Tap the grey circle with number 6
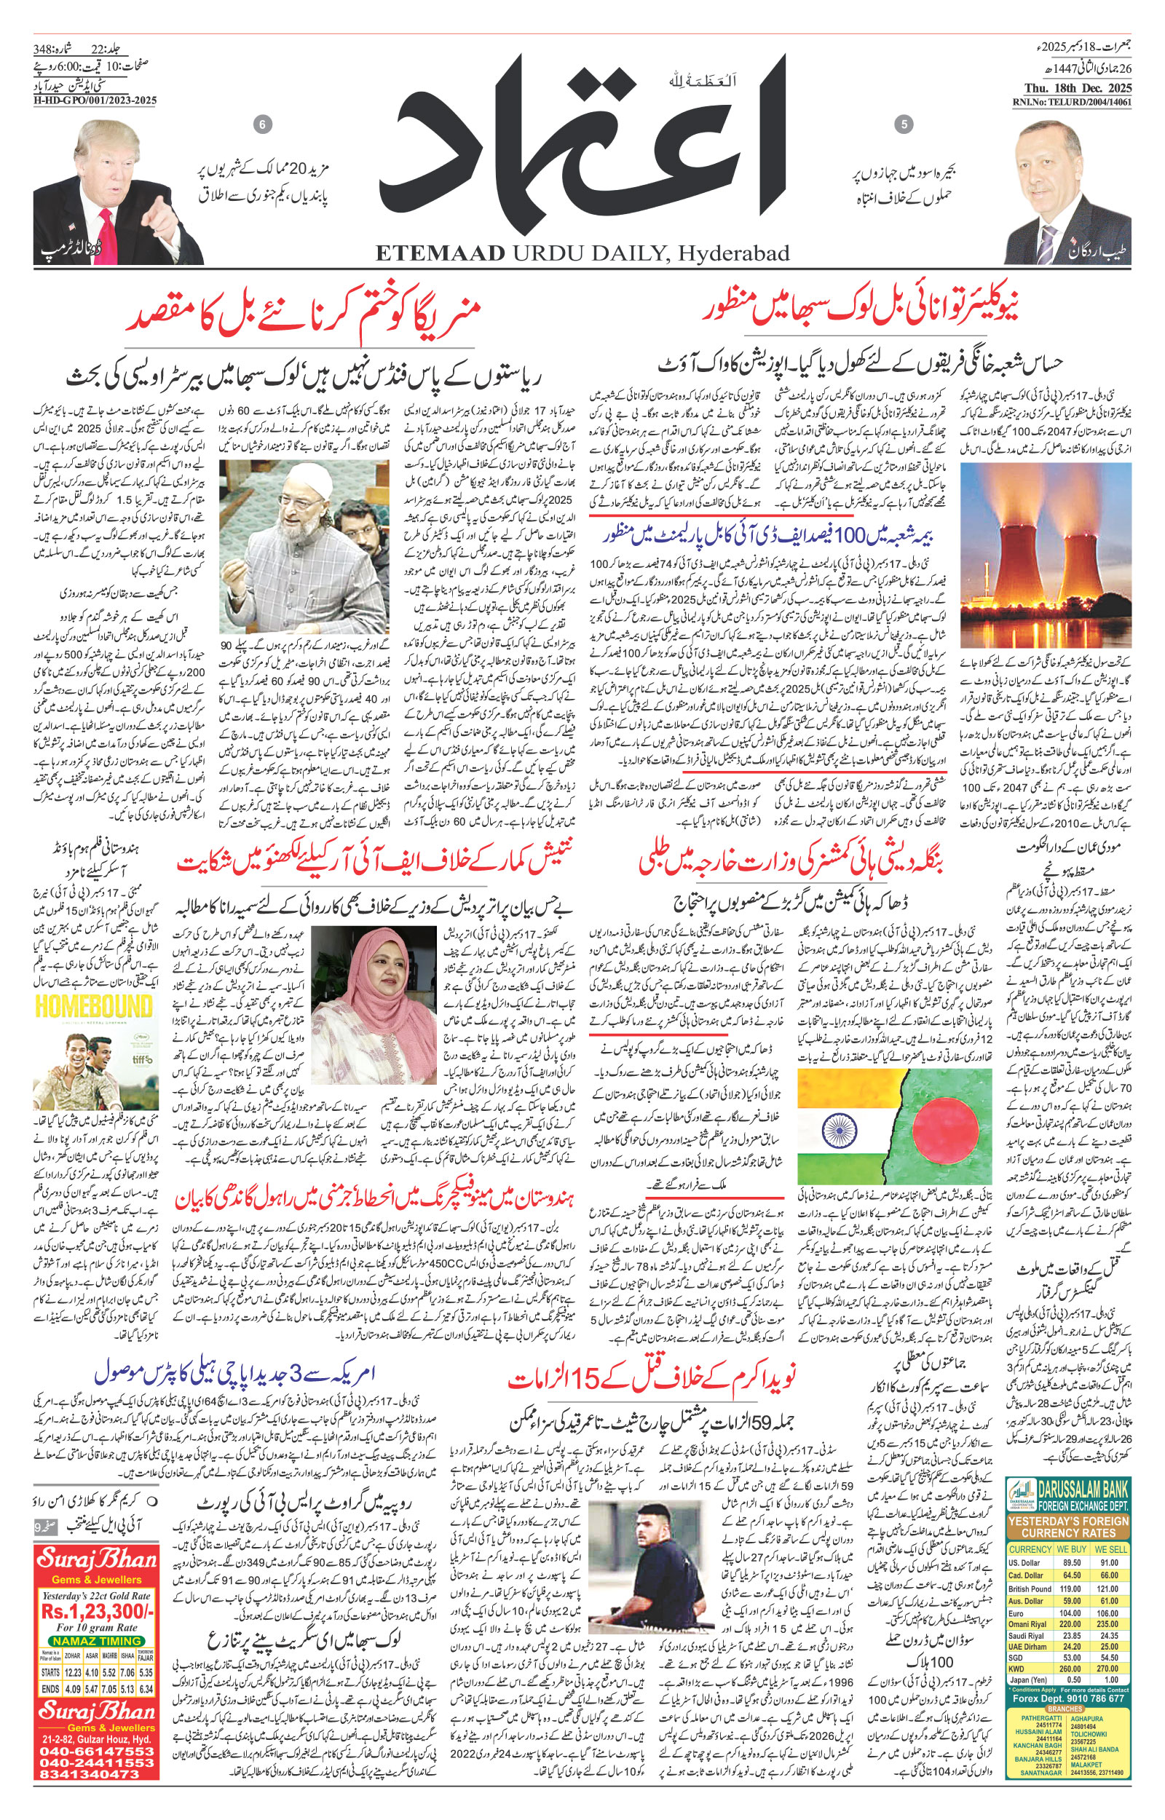[263, 124]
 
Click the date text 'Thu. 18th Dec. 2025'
[1072, 90]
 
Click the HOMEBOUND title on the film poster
[94, 1007]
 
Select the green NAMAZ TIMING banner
[97, 1642]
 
